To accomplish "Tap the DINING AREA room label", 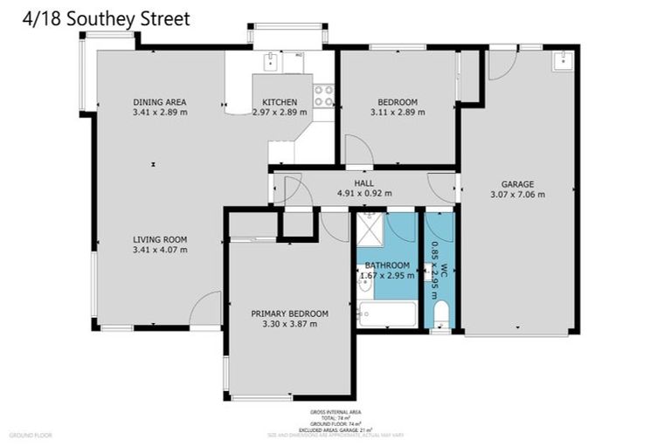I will [x=159, y=101].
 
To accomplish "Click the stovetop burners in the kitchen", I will [x=323, y=94].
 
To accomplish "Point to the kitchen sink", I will [x=273, y=62].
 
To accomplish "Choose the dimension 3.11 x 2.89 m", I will [x=398, y=112].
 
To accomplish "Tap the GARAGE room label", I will [x=517, y=183].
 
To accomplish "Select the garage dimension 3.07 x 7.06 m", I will [x=517, y=195].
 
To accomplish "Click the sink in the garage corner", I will [x=564, y=59].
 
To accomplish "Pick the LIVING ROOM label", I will [x=160, y=239].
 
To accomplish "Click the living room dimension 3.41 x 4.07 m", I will [x=160, y=250].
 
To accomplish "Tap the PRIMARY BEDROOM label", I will [x=289, y=313].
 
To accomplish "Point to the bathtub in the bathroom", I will [x=387, y=313].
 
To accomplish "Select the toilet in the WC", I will [x=439, y=313].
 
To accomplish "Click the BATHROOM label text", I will [x=387, y=265].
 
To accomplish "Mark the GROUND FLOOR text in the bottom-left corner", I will [x=31, y=434].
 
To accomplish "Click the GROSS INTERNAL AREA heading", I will [x=335, y=411].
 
